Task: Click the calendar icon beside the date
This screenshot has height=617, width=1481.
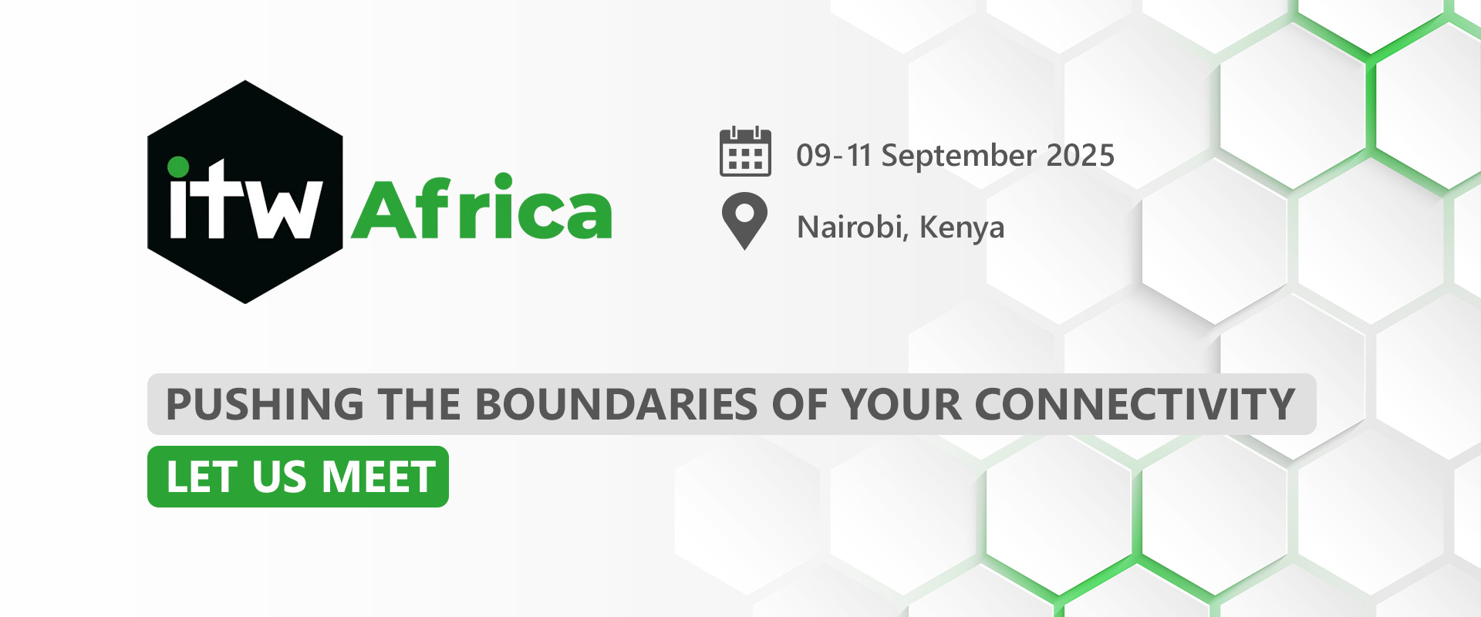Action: [745, 151]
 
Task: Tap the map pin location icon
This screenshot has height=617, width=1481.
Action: [744, 221]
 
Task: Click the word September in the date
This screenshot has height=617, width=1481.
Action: [959, 157]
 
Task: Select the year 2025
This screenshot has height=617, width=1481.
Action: [1081, 156]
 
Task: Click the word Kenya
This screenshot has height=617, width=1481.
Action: [962, 228]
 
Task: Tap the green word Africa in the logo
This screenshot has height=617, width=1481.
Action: [482, 206]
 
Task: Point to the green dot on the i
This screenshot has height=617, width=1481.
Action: [178, 167]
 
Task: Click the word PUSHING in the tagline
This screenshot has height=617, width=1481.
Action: [265, 404]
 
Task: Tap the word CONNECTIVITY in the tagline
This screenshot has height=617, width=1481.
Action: [1135, 404]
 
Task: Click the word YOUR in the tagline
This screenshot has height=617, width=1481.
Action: [902, 404]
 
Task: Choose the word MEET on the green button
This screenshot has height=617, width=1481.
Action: [379, 477]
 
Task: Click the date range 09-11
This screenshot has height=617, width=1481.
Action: [834, 156]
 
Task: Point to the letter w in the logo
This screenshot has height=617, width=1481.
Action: [284, 208]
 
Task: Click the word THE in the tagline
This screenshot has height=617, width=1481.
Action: [420, 404]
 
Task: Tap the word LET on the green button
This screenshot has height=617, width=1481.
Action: [201, 477]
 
